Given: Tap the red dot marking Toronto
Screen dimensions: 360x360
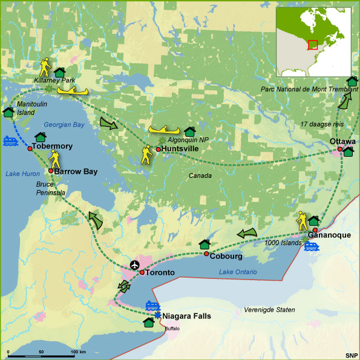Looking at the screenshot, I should click(142, 273).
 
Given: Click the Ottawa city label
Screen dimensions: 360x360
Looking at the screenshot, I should click(342, 141).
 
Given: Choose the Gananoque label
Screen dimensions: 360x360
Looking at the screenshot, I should click(329, 235).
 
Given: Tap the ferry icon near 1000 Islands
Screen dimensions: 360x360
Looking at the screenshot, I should click(311, 246).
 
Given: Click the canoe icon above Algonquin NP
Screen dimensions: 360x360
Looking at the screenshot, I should click(164, 129).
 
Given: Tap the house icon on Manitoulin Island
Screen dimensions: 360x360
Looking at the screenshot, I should click(8, 112).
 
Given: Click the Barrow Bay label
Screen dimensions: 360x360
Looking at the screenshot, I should click(76, 171).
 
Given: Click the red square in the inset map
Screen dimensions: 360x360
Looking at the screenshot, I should click(312, 45).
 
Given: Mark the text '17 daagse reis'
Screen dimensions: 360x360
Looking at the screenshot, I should click(320, 125).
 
